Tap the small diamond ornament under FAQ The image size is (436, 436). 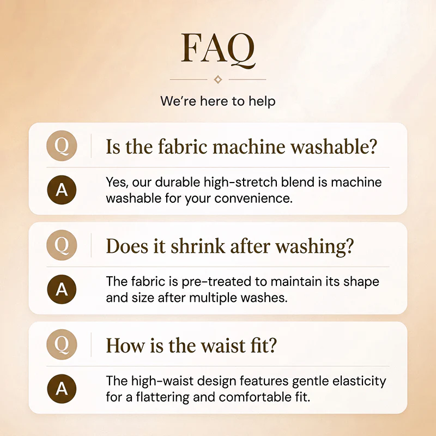218,80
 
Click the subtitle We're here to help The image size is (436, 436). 218,101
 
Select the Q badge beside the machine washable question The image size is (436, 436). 62,146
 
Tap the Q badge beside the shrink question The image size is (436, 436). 62,245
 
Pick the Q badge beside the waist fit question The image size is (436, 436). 62,344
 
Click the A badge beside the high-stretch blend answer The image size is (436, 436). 62,190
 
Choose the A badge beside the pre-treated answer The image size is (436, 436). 62,289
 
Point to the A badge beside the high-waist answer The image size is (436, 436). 62,389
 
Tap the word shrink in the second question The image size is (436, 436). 198,246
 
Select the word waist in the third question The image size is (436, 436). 223,346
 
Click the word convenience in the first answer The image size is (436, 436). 253,198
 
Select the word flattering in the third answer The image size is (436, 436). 163,397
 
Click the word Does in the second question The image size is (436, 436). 127,246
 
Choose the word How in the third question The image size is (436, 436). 125,346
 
